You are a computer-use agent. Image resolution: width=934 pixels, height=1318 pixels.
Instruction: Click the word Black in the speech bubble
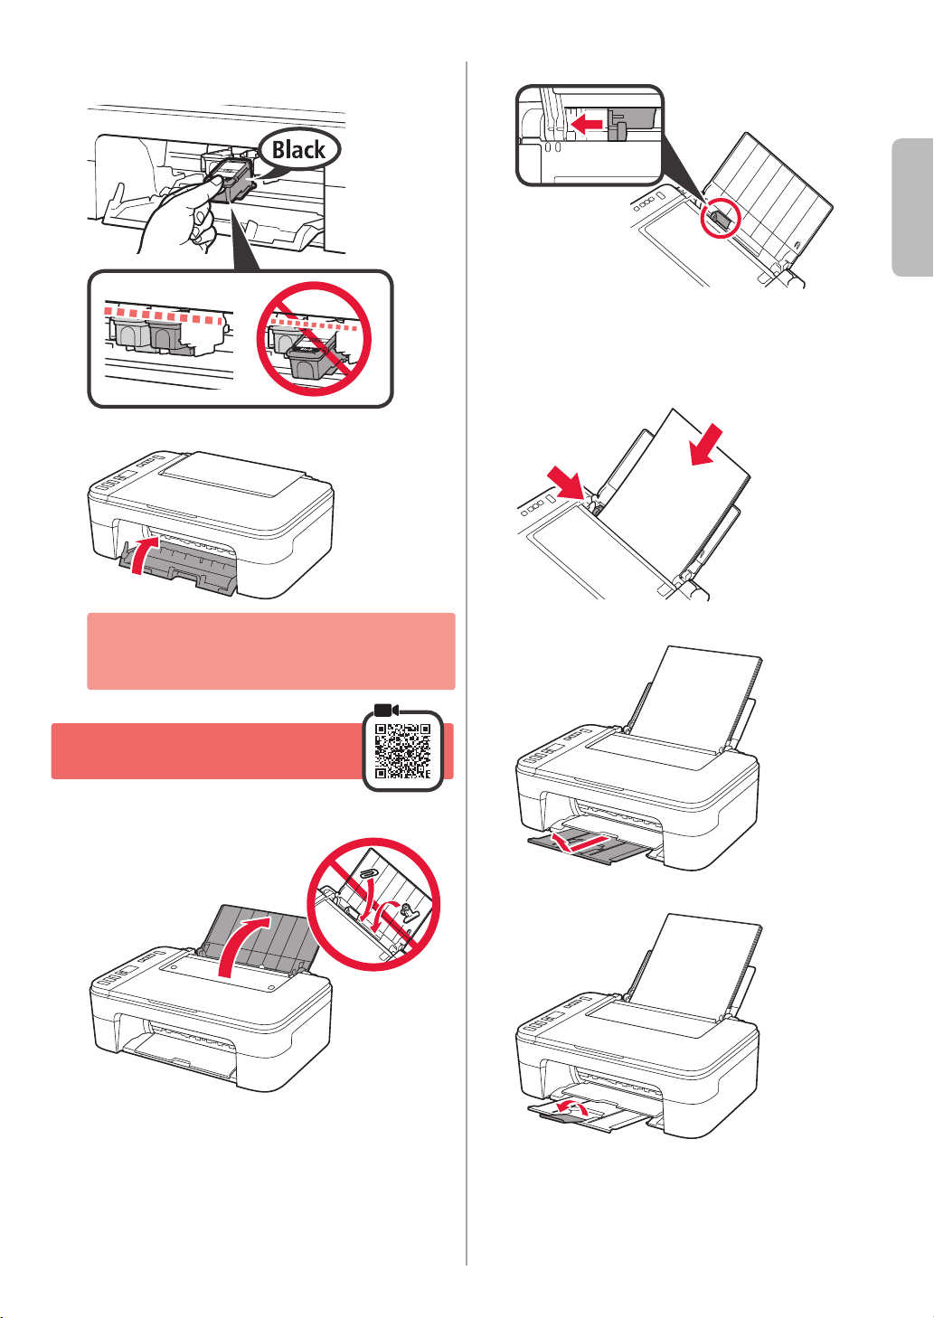click(297, 149)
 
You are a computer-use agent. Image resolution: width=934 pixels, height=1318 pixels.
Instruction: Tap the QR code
click(402, 751)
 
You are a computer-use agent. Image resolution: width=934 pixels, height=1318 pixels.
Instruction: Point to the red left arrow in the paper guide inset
click(587, 124)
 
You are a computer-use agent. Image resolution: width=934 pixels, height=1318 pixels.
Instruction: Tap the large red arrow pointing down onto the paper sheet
click(706, 444)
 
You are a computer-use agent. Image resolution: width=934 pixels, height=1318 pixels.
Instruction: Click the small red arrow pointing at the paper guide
click(564, 483)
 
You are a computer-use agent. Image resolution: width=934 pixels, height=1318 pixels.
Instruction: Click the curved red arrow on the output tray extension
click(571, 1107)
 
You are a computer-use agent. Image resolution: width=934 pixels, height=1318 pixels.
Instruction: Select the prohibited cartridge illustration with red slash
click(315, 339)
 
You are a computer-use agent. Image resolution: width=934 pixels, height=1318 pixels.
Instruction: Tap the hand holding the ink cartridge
click(176, 218)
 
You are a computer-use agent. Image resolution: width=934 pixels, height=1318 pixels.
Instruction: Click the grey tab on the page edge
click(912, 207)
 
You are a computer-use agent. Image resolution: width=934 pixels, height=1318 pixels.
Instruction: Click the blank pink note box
click(270, 651)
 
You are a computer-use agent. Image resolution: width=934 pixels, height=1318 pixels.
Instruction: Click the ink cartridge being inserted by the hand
click(231, 178)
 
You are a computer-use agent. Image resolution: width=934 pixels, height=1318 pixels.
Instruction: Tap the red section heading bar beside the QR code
click(206, 751)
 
